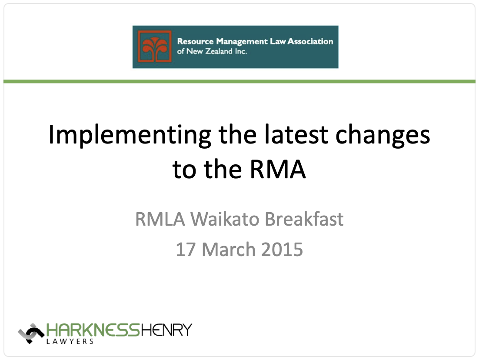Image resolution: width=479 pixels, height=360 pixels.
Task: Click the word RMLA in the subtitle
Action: point(160,219)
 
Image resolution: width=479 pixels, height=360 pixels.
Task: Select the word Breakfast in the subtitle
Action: point(304,219)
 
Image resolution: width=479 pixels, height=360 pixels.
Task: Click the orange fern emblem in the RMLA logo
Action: point(155,47)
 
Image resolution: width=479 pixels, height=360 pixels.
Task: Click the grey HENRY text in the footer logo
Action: point(166,330)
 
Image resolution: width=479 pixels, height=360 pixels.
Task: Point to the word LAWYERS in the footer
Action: point(70,341)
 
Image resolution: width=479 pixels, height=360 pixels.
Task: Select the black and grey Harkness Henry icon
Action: point(31,333)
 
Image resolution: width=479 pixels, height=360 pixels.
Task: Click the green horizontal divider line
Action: point(239,81)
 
